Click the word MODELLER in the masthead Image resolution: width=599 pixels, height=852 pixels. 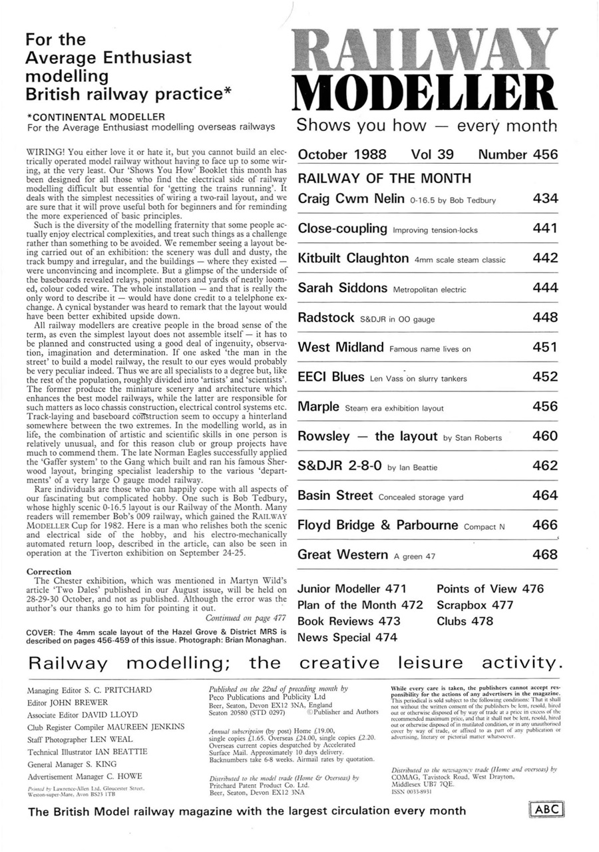426,90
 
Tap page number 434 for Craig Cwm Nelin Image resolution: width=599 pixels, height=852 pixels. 545,198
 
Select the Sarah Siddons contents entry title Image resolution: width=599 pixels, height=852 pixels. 342,288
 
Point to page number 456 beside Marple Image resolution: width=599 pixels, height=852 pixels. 545,406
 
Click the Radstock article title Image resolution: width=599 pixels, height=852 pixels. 325,318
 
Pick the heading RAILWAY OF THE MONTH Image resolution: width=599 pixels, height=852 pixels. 384,178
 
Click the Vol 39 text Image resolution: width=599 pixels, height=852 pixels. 433,154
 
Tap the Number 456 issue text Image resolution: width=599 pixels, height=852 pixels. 518,154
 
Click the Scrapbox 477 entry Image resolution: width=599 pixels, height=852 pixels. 475,605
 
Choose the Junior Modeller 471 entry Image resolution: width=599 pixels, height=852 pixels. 351,589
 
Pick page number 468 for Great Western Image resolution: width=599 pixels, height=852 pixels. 545,554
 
